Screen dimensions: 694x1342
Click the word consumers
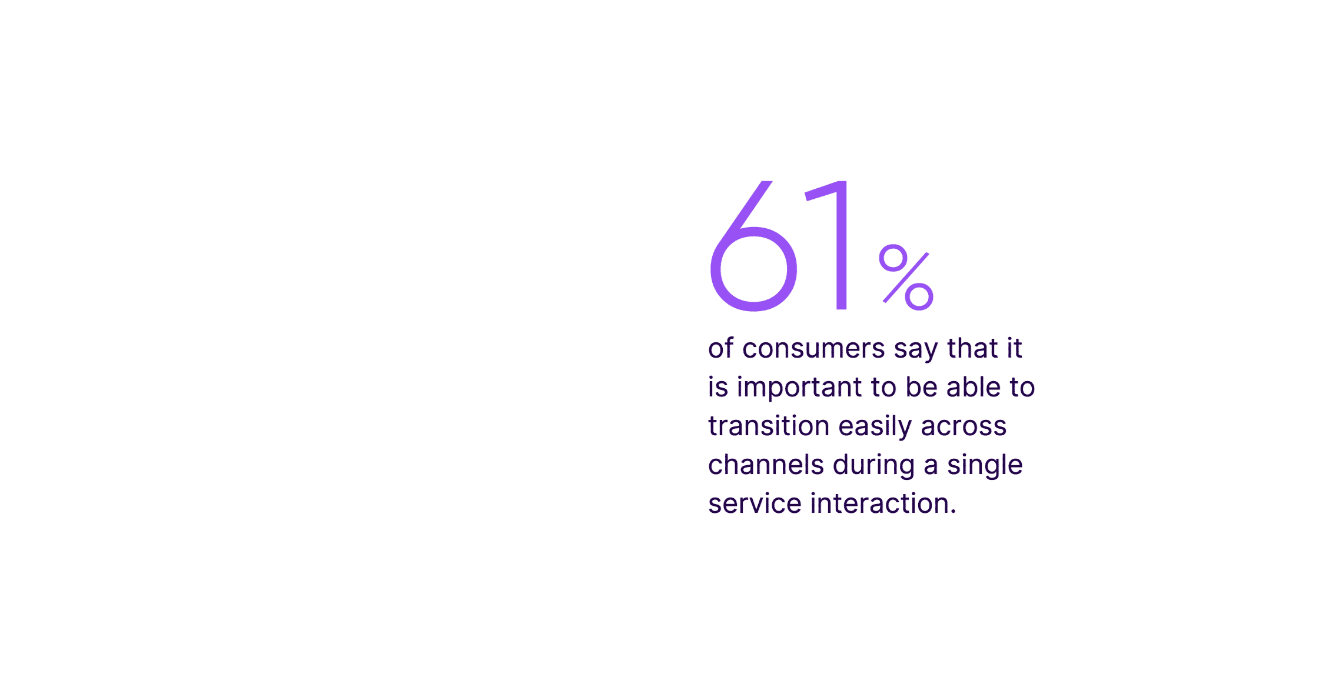(813, 349)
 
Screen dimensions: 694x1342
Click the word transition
(769, 426)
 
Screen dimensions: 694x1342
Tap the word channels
(766, 465)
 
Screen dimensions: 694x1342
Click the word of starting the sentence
(720, 348)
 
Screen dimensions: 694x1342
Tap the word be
(921, 387)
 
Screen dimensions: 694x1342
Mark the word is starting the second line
(717, 387)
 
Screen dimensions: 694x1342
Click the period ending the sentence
(953, 512)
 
